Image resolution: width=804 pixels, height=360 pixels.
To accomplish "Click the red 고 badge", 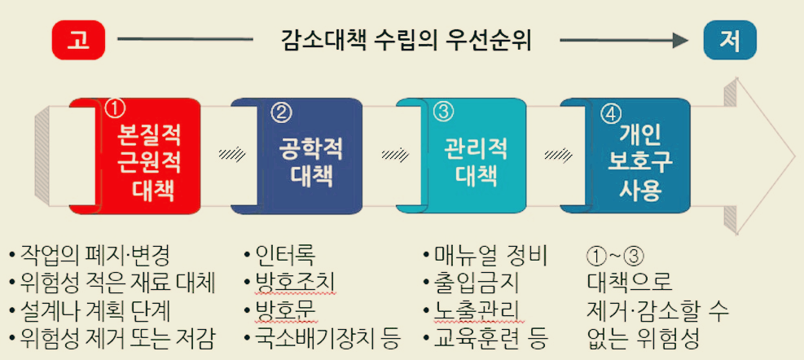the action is point(79,40).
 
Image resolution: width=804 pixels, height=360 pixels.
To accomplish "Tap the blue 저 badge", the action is point(729,40).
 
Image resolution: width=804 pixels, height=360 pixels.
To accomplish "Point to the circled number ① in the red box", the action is point(115,107).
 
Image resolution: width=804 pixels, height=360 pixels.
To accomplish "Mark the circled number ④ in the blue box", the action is point(609,112).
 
